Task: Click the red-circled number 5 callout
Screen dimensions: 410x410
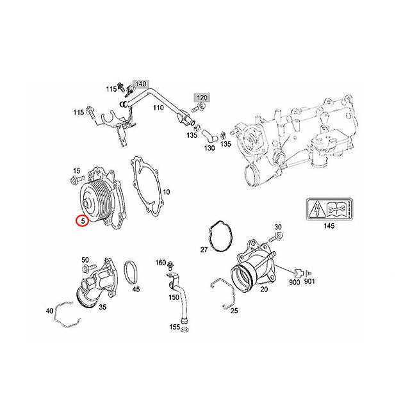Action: point(81,222)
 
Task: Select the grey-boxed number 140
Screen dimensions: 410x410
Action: point(140,85)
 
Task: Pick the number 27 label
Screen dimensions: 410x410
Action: point(204,249)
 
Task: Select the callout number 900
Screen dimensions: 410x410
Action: point(294,283)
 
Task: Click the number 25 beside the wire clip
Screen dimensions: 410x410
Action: point(234,311)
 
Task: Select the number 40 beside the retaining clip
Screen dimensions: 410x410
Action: point(49,311)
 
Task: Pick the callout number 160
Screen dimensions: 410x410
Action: point(160,263)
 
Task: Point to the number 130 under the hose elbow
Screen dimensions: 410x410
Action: point(209,148)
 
